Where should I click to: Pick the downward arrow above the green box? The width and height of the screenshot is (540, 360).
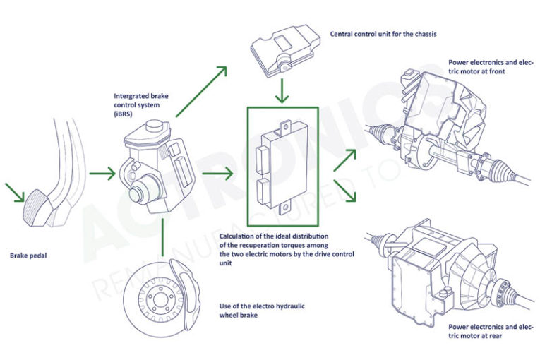pyautogui.click(x=282, y=90)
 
